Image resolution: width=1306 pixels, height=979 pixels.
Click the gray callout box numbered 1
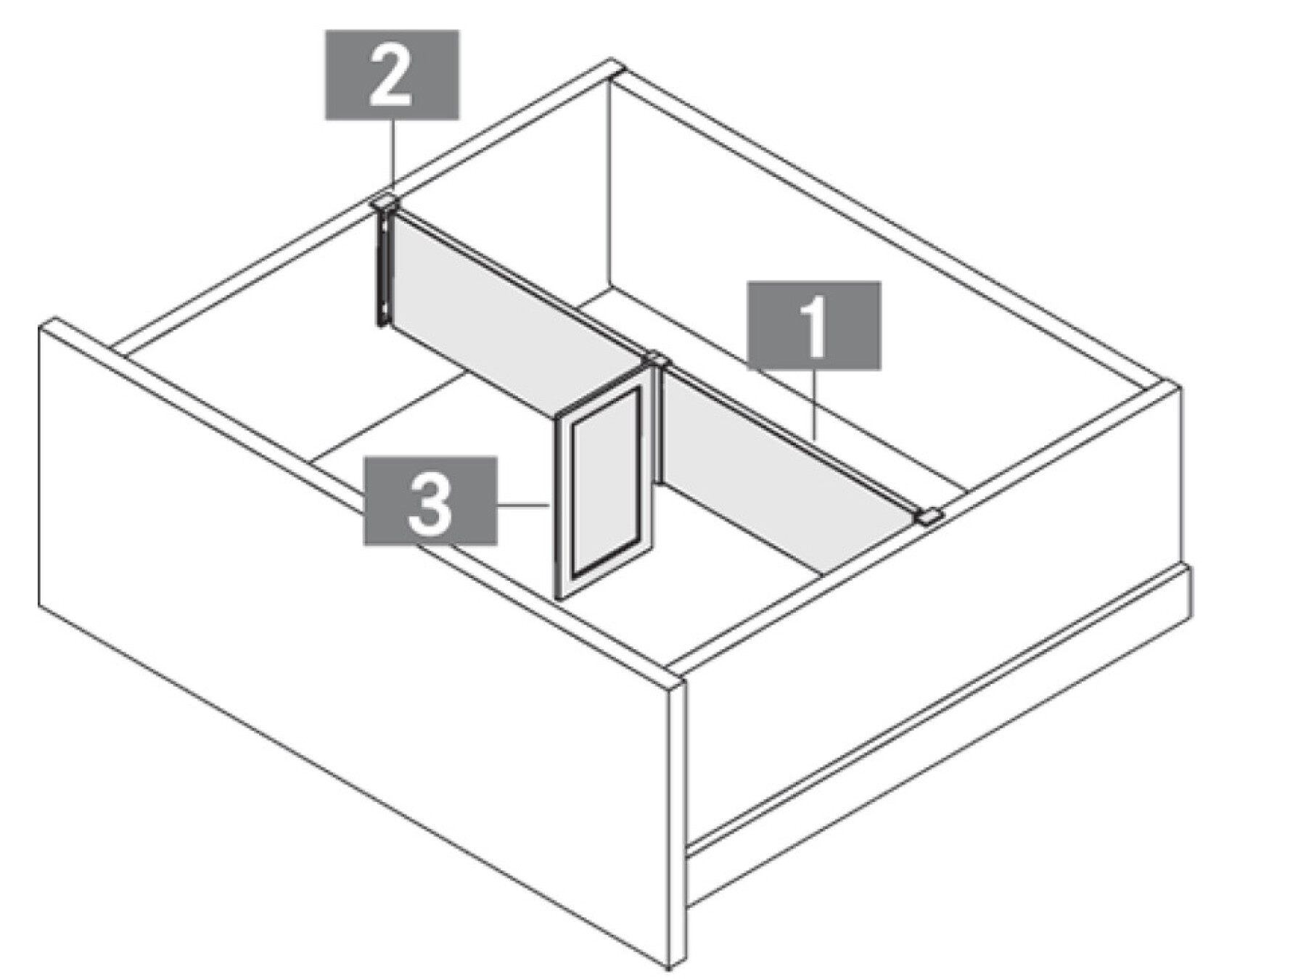(815, 326)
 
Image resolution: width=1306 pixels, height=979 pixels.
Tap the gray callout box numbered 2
(392, 75)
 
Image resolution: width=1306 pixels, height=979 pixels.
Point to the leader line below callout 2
(393, 157)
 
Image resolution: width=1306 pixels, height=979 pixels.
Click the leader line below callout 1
(816, 405)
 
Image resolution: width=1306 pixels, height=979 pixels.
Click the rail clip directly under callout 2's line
(385, 202)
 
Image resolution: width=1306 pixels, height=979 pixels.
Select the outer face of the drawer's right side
(936, 725)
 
